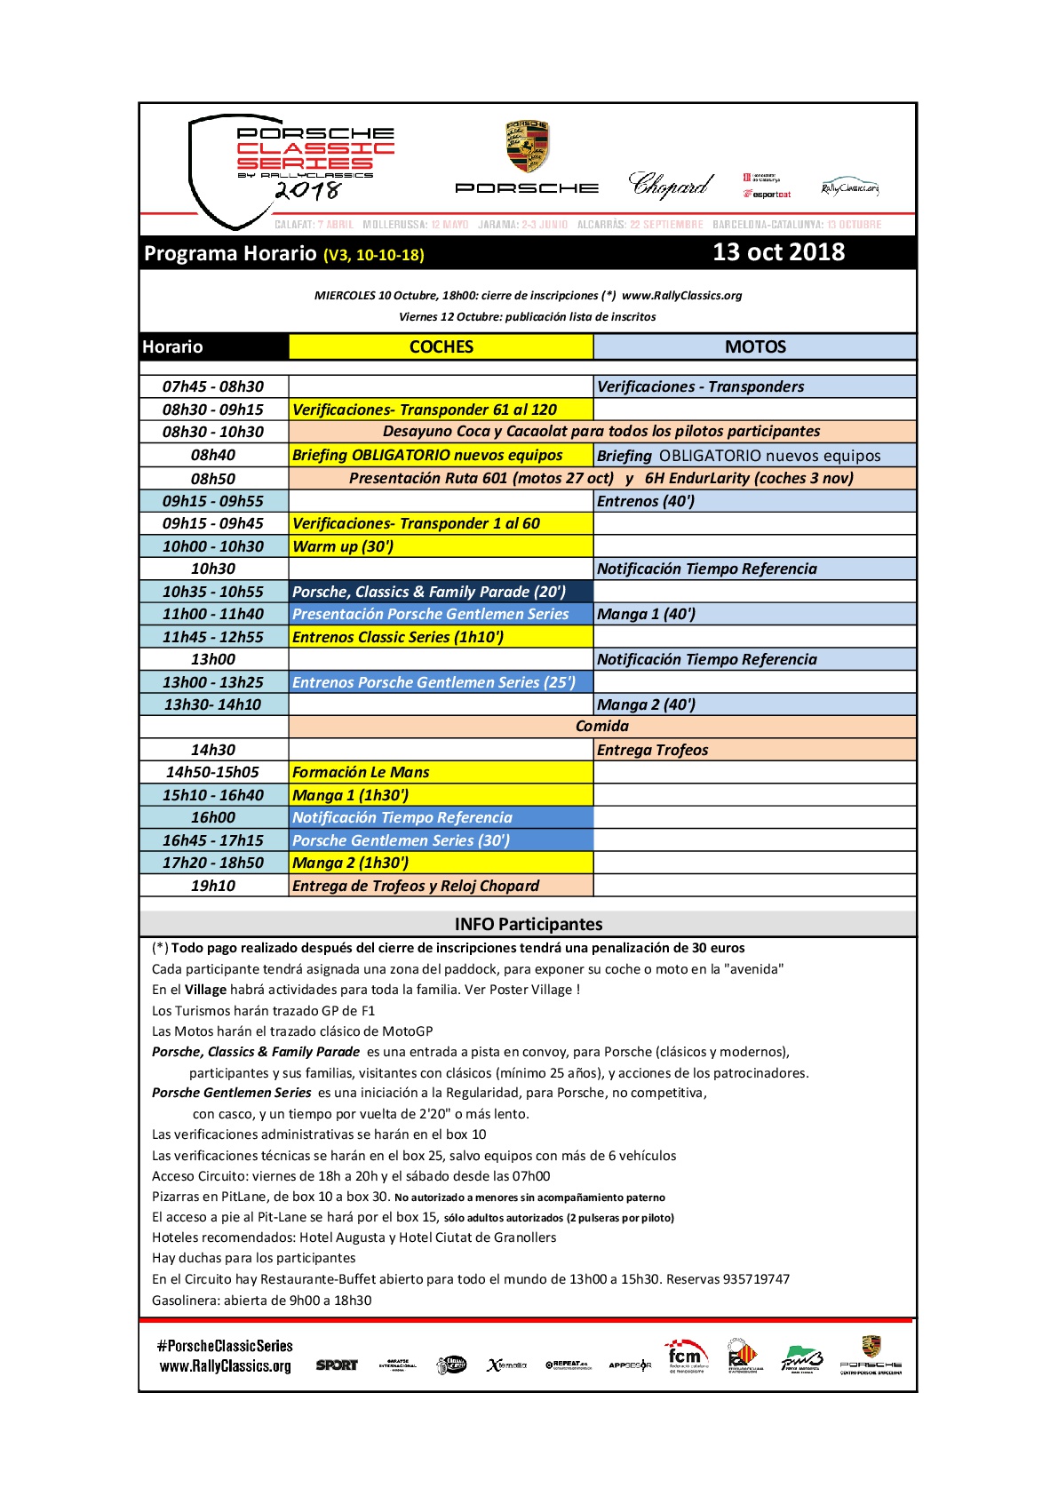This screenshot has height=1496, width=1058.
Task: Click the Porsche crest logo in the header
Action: [x=527, y=147]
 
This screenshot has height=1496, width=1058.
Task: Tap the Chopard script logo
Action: [x=671, y=185]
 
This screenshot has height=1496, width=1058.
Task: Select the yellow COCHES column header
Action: [x=441, y=347]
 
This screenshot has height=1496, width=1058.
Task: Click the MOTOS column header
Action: [x=755, y=347]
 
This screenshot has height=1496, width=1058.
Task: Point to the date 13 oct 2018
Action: [x=778, y=252]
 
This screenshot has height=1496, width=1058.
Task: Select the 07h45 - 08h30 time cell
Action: [x=213, y=386]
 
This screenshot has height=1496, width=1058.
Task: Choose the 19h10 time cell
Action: [x=213, y=886]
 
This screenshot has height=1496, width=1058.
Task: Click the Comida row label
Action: [x=601, y=727]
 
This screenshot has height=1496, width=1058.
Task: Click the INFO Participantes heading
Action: [x=529, y=924]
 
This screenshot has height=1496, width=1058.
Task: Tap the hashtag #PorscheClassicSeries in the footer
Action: [x=225, y=1346]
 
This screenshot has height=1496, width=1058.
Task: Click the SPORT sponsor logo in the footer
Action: [x=337, y=1365]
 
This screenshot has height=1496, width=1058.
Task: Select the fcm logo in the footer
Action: [x=685, y=1357]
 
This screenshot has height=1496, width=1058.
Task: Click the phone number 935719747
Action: [x=756, y=1279]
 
